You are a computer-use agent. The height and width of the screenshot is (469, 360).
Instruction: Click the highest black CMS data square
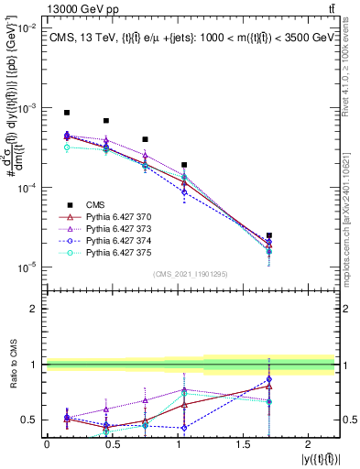67,113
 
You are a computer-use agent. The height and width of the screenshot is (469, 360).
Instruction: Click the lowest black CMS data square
268,235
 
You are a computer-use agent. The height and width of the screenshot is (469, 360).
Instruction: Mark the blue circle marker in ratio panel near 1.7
268,379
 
